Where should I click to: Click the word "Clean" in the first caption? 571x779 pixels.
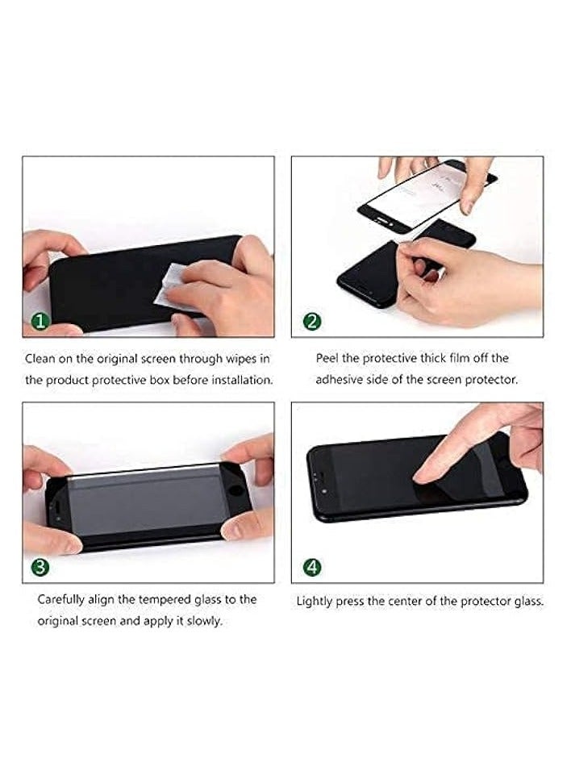[40, 358]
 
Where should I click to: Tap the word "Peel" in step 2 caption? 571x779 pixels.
[329, 358]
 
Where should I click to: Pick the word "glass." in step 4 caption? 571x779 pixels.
[527, 602]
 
